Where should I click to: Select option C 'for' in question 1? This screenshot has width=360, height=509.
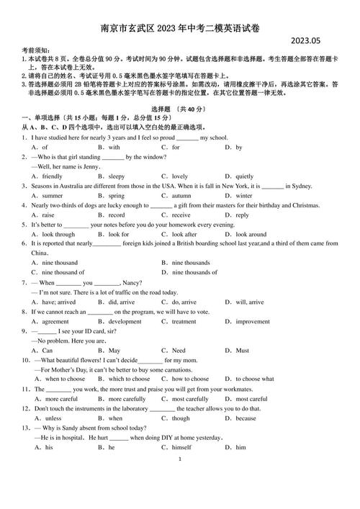(175, 147)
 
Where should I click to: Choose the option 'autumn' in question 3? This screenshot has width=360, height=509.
(181, 195)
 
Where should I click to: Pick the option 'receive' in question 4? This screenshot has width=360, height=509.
(181, 215)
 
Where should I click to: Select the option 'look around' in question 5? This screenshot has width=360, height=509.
(251, 234)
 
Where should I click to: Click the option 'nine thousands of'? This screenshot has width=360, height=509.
(194, 272)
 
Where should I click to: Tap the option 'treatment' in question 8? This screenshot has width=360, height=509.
(184, 321)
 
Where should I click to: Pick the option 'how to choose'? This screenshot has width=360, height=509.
(190, 379)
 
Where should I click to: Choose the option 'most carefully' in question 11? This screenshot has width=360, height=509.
(189, 398)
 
